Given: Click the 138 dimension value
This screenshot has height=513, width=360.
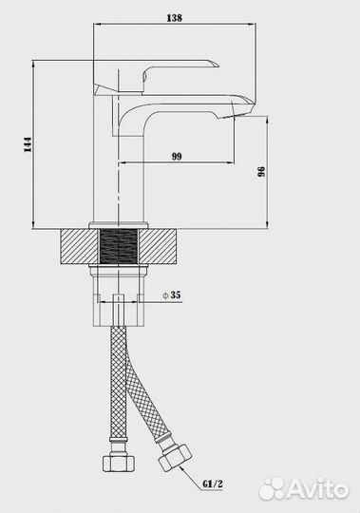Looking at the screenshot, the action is click(x=174, y=18).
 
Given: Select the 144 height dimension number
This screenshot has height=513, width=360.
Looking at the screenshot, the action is click(x=28, y=144).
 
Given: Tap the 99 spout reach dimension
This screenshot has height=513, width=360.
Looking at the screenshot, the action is click(x=177, y=157).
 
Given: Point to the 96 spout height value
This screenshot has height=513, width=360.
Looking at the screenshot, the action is click(x=261, y=172).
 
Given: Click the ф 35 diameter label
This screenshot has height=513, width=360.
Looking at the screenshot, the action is click(x=172, y=295).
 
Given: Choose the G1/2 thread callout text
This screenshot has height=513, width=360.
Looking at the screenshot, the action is click(x=213, y=484).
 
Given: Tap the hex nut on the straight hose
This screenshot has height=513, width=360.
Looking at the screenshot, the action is click(x=119, y=463).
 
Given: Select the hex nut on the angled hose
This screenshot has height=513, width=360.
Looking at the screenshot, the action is click(x=175, y=457).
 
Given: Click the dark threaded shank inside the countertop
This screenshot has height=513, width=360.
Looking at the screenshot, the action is click(x=118, y=246).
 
